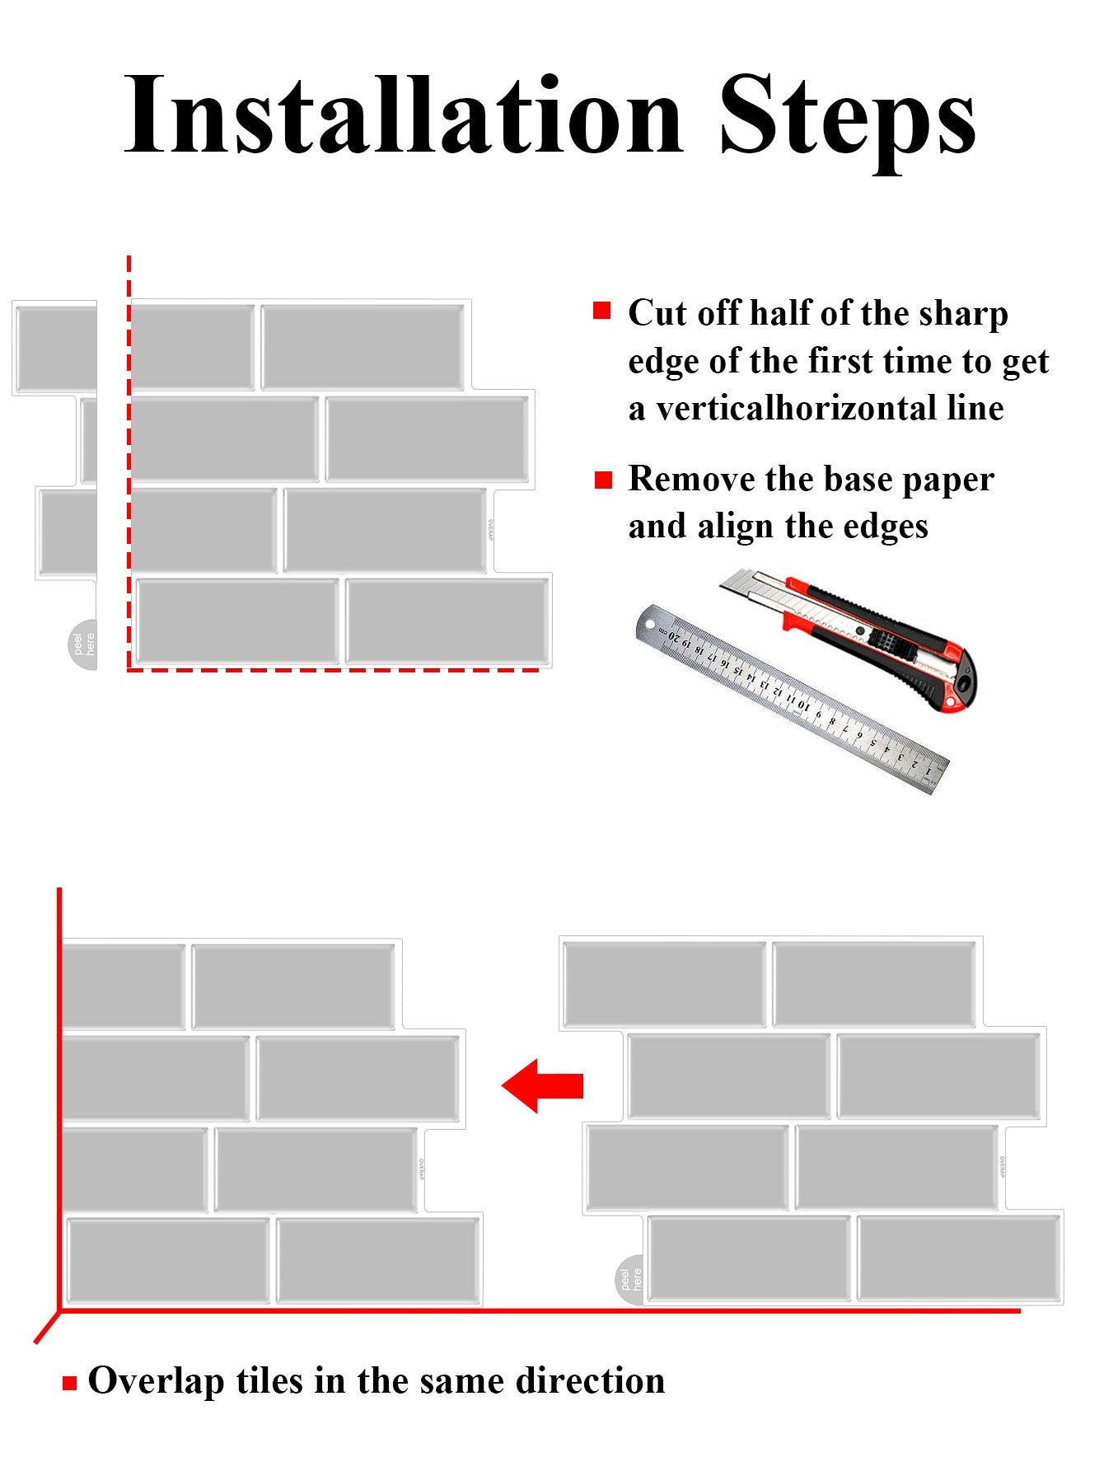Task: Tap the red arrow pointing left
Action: [542, 1085]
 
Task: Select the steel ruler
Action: [792, 699]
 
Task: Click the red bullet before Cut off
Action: [602, 311]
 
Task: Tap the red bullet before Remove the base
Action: [604, 480]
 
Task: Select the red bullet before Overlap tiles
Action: [69, 1383]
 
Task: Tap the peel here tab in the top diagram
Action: [82, 644]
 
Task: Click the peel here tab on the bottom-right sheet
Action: [630, 1279]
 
